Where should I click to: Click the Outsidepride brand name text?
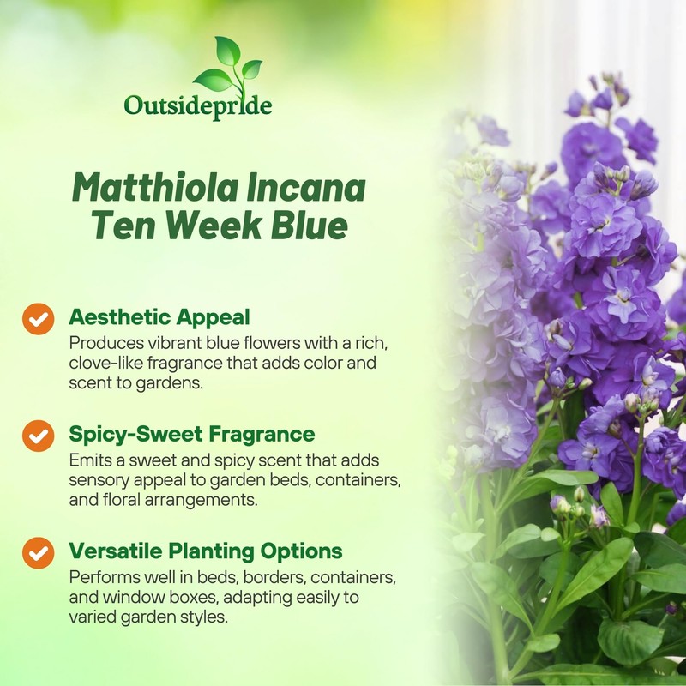coord(198,105)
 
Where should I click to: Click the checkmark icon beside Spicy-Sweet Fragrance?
coord(38,436)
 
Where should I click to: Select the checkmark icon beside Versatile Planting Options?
coord(38,552)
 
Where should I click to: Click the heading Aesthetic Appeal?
coord(159,317)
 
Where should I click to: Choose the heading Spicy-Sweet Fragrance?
coord(192,433)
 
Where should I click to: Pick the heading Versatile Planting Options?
coord(206,550)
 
